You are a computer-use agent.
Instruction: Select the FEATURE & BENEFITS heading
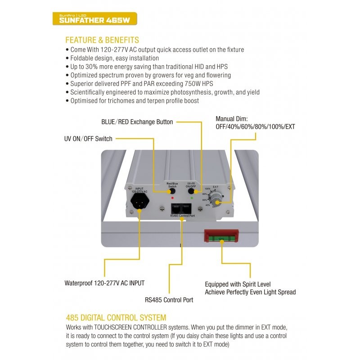pos(102,40)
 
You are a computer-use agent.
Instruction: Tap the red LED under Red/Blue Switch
pos(172,198)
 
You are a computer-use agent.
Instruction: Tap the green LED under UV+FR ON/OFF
pos(192,198)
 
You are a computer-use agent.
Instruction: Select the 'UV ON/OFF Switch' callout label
pos(89,139)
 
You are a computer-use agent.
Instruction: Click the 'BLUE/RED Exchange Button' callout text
pos(136,122)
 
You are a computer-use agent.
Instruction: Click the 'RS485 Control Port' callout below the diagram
pos(169,299)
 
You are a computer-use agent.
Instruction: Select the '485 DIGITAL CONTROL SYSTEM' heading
pos(116,318)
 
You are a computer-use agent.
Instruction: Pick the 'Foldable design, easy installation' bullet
pos(115,58)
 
